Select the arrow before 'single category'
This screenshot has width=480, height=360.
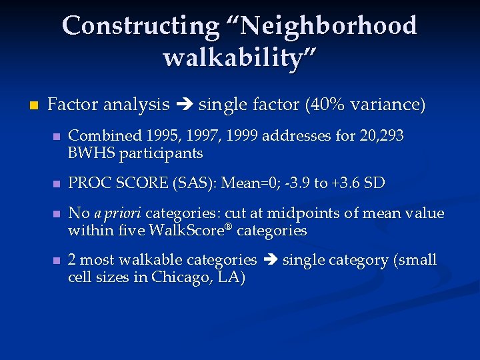(x=269, y=260)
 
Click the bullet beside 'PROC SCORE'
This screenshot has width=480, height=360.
(x=57, y=183)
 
